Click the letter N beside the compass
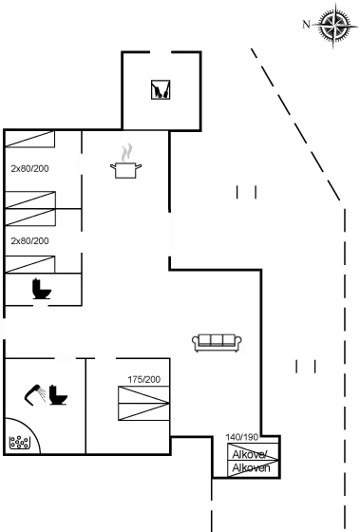306,24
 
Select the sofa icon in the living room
217,341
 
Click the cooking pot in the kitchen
124,168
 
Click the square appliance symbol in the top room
160,91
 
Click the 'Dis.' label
16,441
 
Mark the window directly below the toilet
41,306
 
